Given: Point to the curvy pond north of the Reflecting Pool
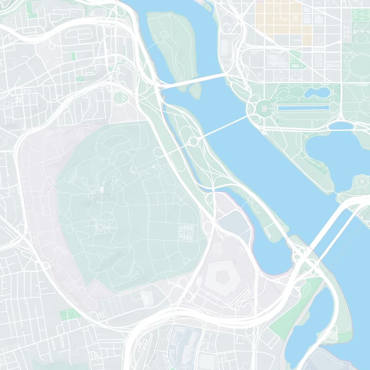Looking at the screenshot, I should pos(317,92).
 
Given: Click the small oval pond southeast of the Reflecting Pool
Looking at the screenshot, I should pos(341,125).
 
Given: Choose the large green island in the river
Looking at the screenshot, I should pos(172,44).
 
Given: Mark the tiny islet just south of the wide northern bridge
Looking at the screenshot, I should pos(196,91).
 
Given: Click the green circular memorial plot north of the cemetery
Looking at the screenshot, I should pos(122,98).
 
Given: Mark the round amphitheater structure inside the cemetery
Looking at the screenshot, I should pos(100,227).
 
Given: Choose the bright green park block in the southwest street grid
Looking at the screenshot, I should pos(69,315).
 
